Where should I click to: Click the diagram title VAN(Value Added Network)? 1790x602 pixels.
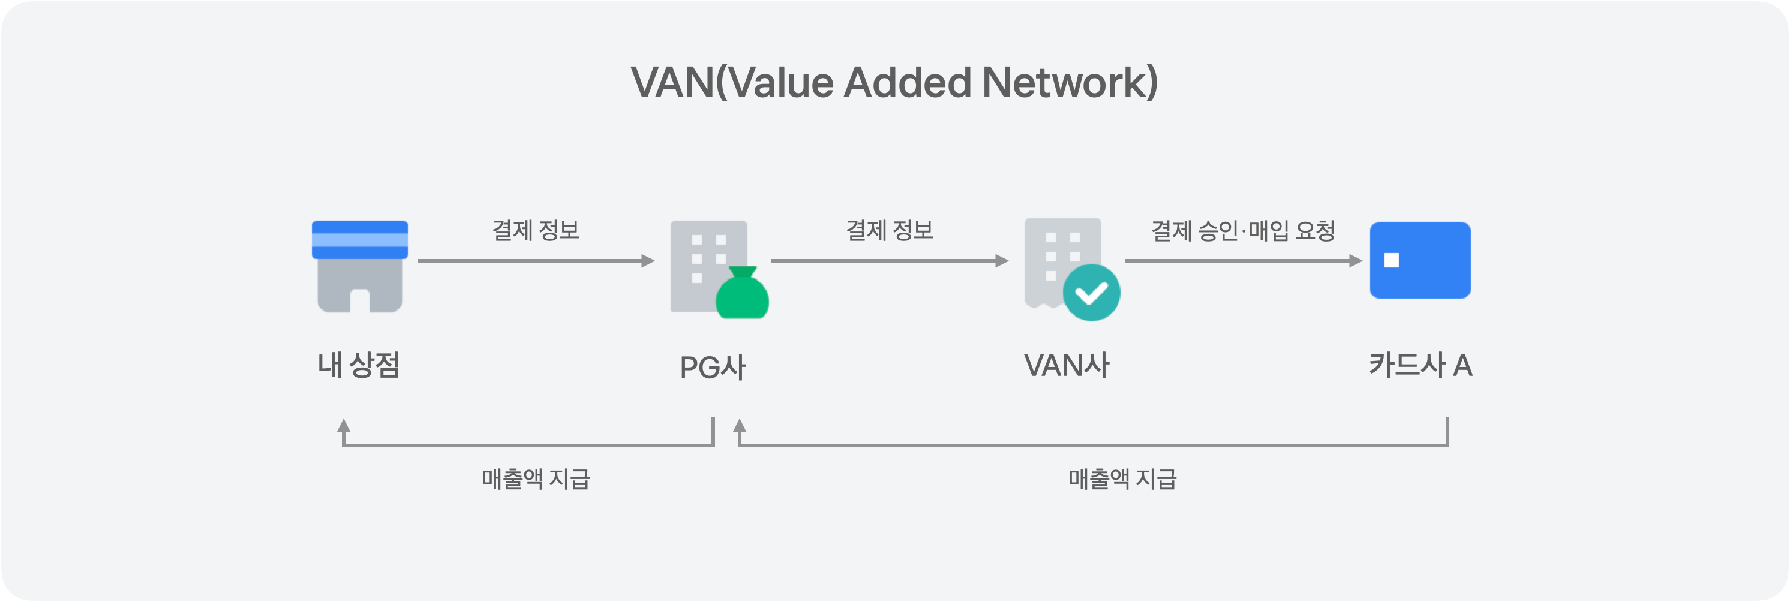click(894, 83)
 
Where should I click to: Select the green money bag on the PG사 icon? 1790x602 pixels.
click(742, 294)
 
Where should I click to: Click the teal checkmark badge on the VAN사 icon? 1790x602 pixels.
click(1091, 293)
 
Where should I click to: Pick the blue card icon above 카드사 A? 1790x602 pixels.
click(1420, 260)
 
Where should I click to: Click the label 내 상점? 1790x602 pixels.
click(359, 365)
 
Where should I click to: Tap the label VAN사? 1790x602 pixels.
click(1067, 365)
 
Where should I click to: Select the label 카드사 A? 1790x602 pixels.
click(1420, 365)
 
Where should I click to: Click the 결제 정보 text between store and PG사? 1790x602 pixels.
click(536, 230)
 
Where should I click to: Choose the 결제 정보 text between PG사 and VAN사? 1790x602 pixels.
click(890, 230)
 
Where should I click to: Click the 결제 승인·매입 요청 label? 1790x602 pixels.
click(1243, 230)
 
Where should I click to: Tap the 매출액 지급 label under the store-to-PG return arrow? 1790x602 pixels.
click(536, 479)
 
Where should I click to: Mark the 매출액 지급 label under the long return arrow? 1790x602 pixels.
click(1122, 479)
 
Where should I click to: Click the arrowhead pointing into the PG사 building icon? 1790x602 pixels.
click(648, 261)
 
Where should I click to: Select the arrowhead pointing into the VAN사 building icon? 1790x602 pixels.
click(1002, 261)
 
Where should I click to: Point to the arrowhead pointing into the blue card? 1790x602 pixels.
click(1356, 261)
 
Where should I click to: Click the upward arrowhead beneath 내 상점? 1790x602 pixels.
click(343, 426)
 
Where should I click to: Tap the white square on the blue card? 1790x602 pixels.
click(1391, 260)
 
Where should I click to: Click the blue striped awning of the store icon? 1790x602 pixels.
click(359, 240)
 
